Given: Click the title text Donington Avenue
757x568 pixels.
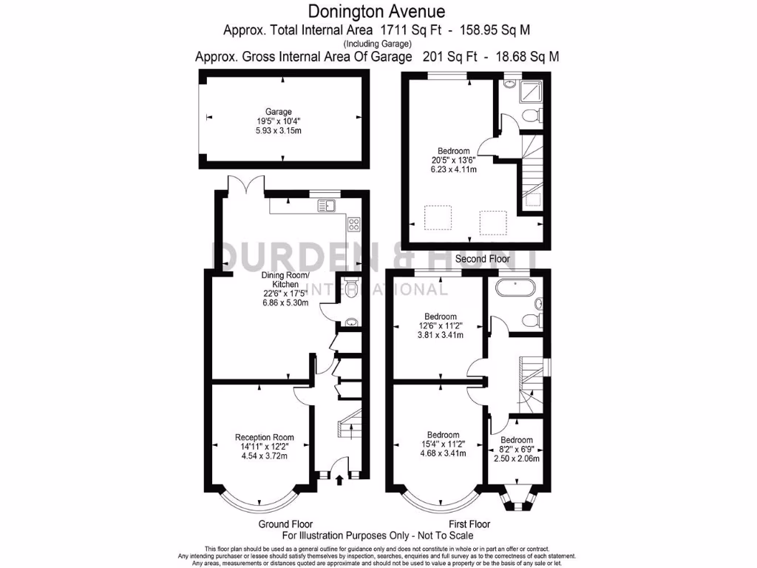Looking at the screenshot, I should [377, 11].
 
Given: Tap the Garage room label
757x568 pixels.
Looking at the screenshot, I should [279, 112].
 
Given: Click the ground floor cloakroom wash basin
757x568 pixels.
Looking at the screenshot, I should [350, 321].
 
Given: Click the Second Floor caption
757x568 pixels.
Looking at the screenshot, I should [482, 259].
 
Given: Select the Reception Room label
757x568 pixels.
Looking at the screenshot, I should [265, 436].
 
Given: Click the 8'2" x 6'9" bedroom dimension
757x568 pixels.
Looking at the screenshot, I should [516, 449].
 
